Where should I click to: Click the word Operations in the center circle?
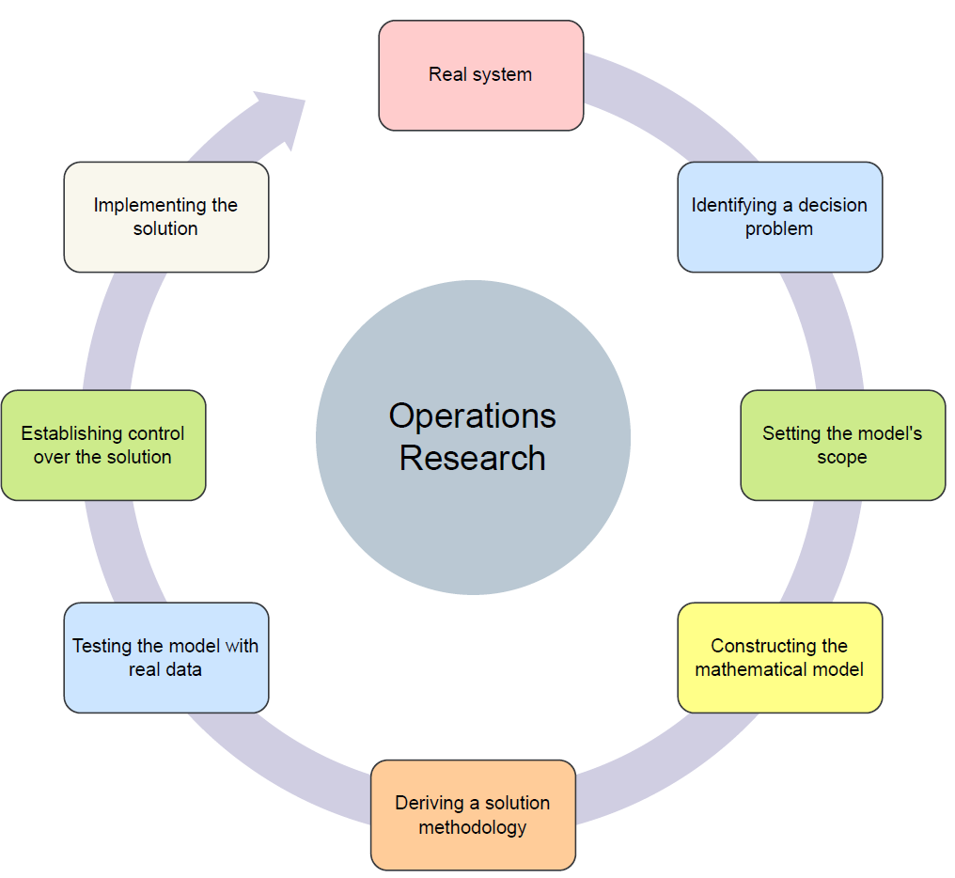pyautogui.click(x=472, y=415)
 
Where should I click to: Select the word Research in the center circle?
pyautogui.click(x=472, y=458)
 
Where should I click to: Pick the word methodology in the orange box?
pyautogui.click(x=472, y=827)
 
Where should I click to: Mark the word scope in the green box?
pyautogui.click(x=842, y=457)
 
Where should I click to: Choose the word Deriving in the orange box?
pyautogui.click(x=429, y=803)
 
